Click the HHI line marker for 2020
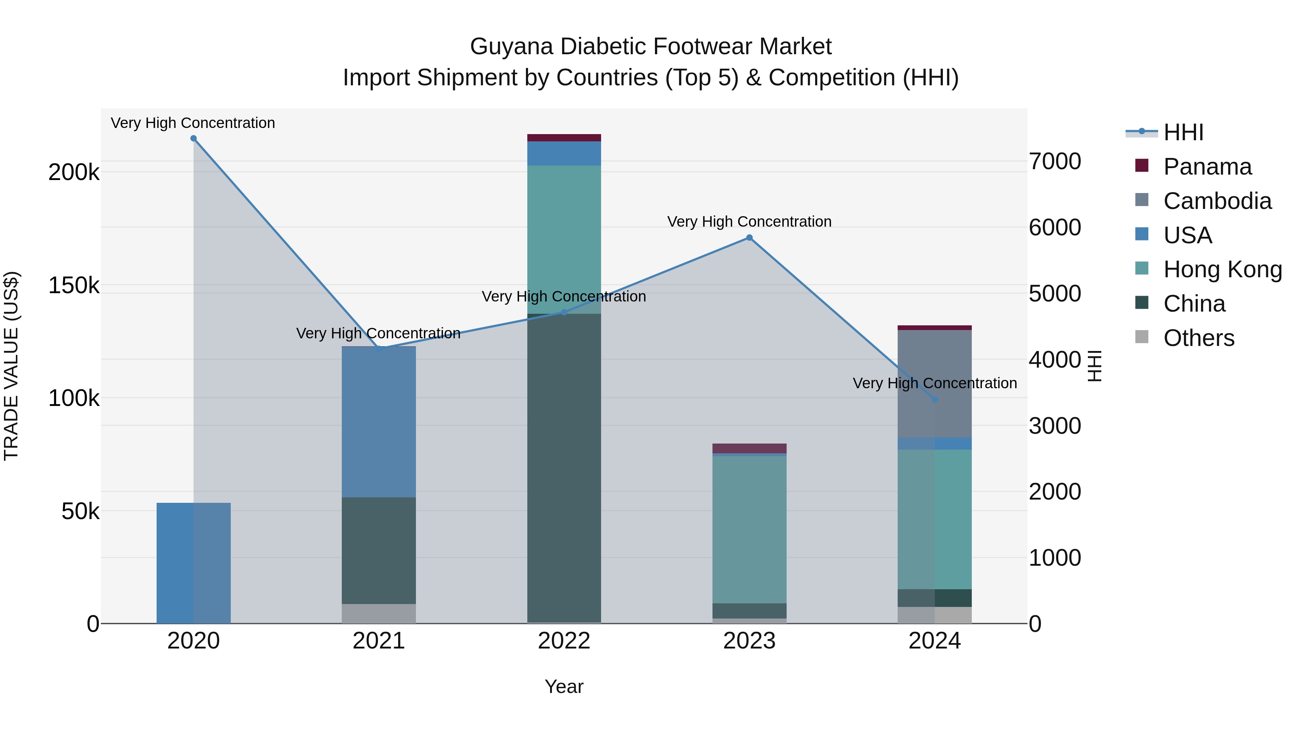[193, 138]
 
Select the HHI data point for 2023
[750, 238]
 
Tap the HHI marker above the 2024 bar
[935, 399]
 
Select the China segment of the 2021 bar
[379, 551]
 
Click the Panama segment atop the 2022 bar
[564, 138]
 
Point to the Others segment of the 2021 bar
[379, 614]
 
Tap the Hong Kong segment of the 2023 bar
[750, 530]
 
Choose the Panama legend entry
[1208, 167]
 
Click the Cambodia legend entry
[1217, 201]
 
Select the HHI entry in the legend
[1183, 132]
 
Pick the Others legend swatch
[1142, 337]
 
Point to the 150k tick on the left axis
[74, 286]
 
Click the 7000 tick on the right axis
[1055, 162]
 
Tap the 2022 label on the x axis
[564, 641]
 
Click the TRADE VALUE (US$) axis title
[12, 366]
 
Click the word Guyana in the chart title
[511, 47]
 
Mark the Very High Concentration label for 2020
[193, 123]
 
